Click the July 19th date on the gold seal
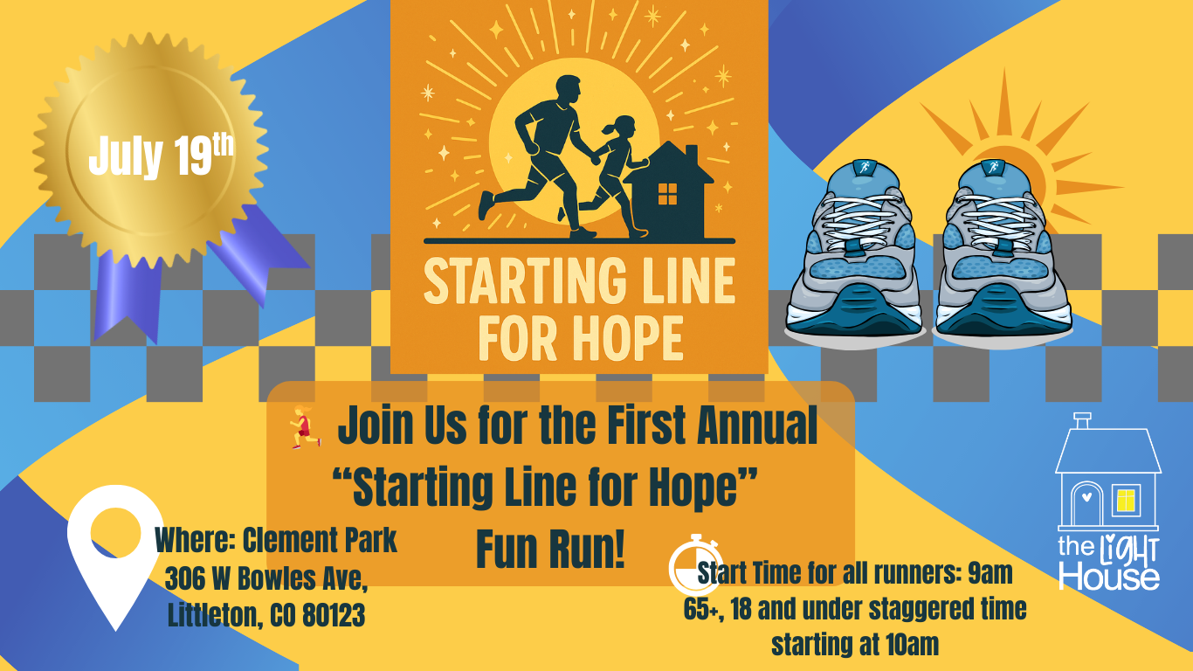tap(161, 156)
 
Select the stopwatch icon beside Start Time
tap(694, 565)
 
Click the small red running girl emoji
tap(305, 426)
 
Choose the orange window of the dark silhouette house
tap(667, 194)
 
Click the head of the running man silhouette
tap(567, 91)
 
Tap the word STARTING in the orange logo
tap(525, 280)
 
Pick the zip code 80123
tap(334, 616)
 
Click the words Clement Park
tap(320, 541)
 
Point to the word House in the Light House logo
tap(1109, 577)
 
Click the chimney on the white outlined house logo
tap(1082, 420)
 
